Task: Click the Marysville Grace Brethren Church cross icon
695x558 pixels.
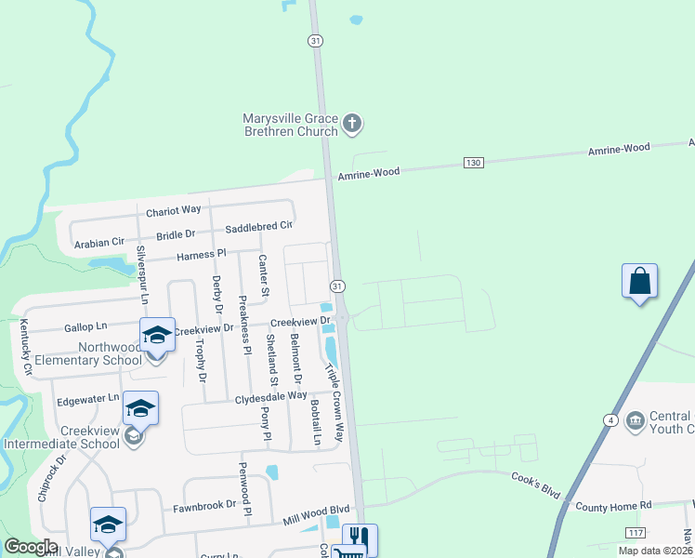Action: pos(352,122)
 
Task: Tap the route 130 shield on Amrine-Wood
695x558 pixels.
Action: pos(474,163)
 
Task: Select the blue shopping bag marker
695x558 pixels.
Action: pos(639,281)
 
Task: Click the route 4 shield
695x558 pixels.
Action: pos(610,420)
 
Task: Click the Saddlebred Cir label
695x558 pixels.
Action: pos(259,226)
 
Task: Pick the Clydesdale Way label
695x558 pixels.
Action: pos(270,395)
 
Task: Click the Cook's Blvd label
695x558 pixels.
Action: pos(538,478)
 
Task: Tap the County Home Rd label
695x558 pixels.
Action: pos(614,506)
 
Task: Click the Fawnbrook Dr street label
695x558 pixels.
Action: pos(204,509)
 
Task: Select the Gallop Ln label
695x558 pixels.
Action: pos(85,327)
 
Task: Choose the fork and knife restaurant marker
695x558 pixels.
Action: pos(359,539)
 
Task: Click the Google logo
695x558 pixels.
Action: pos(31,547)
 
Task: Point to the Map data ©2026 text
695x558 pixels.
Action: pos(654,551)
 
